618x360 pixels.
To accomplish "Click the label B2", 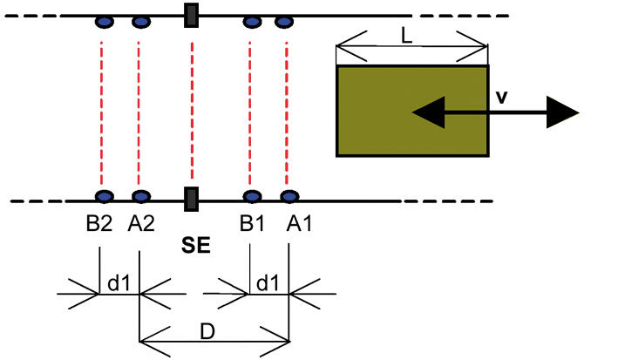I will pyautogui.click(x=98, y=224).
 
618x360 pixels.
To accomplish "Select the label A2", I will pyautogui.click(x=140, y=224).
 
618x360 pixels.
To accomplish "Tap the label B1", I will pyautogui.click(x=253, y=224).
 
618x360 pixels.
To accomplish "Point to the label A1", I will pyautogui.click(x=298, y=224).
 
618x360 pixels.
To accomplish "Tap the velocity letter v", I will pyautogui.click(x=501, y=97).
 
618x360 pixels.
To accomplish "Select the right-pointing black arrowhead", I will pyautogui.click(x=562, y=112).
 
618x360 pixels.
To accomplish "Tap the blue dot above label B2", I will pyautogui.click(x=103, y=196).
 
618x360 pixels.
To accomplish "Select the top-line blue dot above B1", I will pyautogui.click(x=251, y=22).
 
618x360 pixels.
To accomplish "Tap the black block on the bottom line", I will pyautogui.click(x=191, y=199).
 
